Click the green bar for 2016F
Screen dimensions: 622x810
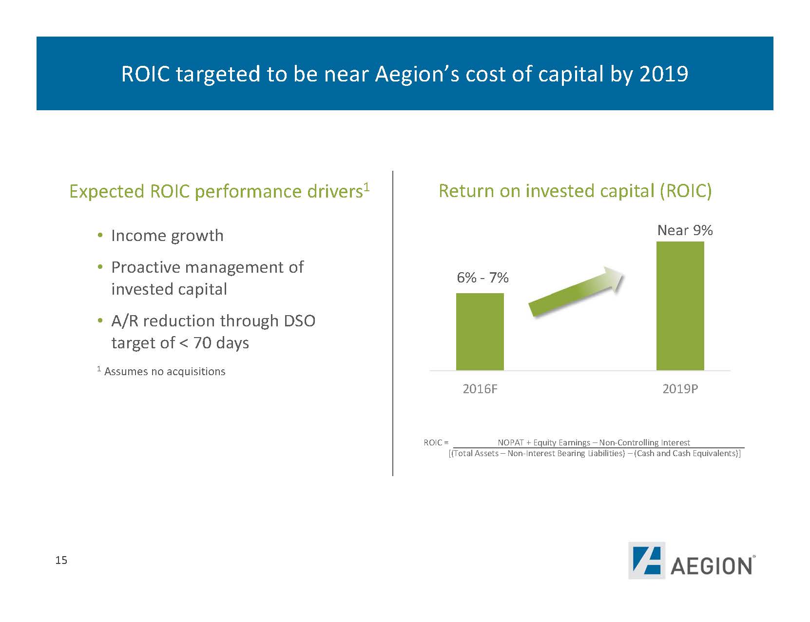480,331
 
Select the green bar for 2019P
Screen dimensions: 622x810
680,305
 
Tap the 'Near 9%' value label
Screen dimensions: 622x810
685,230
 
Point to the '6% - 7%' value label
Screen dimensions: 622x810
482,278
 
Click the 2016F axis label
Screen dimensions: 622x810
480,389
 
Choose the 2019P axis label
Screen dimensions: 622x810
680,389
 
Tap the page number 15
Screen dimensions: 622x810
61,560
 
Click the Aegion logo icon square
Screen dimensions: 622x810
646,560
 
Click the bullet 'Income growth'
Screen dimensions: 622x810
167,236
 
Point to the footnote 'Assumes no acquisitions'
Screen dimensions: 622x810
165,371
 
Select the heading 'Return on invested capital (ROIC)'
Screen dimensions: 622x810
575,191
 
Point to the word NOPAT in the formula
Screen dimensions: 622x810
510,442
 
